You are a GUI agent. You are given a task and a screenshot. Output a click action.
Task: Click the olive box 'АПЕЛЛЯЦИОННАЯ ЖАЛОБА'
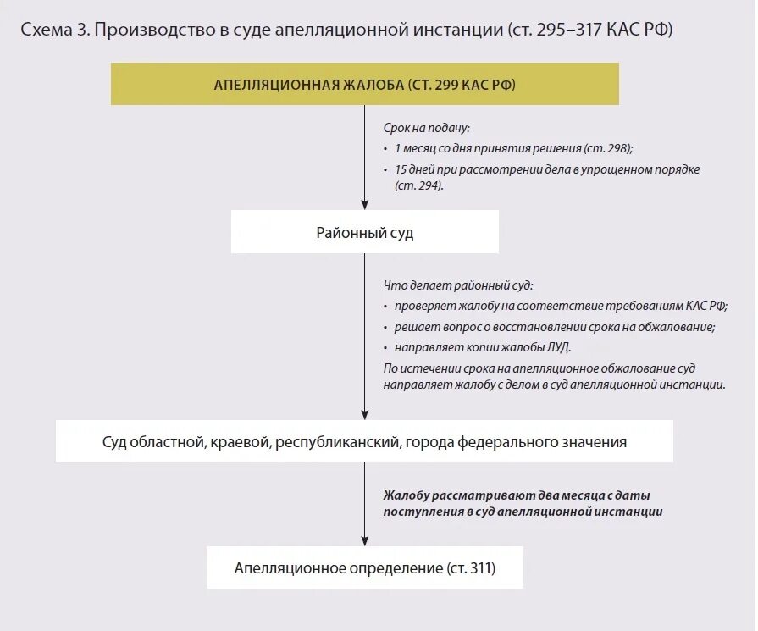(364, 85)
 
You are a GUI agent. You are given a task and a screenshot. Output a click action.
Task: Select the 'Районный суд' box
(364, 232)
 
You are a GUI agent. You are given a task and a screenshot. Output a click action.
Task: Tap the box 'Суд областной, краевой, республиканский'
(364, 441)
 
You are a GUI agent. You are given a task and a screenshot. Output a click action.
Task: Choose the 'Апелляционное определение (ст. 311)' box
(364, 567)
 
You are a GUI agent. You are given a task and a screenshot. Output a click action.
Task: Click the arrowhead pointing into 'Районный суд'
(364, 205)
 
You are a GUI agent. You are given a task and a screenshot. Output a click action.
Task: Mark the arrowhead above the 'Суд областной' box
(364, 414)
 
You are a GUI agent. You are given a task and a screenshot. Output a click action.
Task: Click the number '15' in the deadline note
(401, 169)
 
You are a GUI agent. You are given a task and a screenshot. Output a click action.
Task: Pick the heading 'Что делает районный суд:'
(458, 285)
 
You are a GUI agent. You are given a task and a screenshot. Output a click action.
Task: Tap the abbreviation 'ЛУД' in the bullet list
(559, 347)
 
